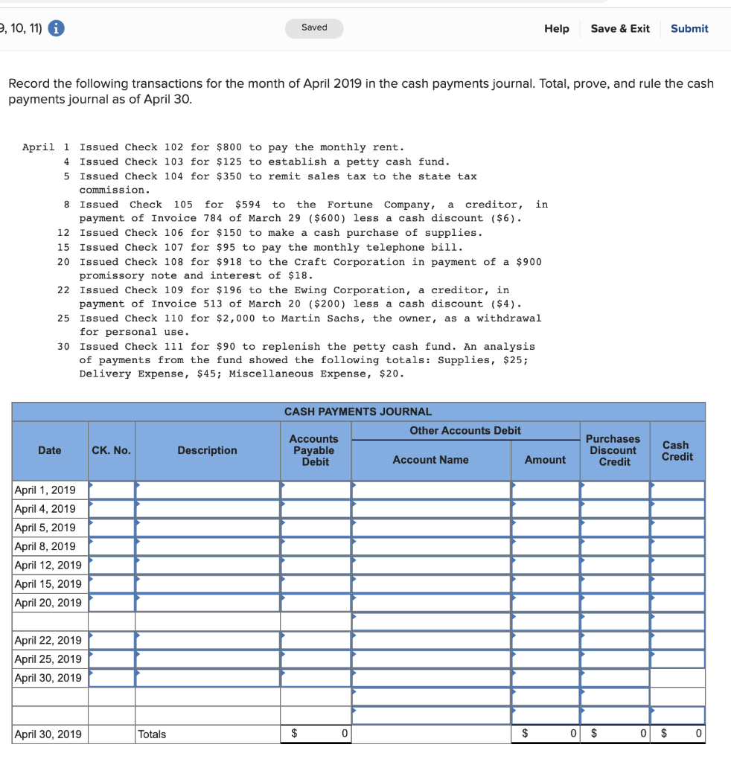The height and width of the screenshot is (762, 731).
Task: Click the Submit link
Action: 689,28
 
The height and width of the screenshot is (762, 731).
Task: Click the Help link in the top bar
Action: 556,28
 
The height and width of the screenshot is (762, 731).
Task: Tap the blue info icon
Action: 56,28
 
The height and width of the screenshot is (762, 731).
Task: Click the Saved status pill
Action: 314,28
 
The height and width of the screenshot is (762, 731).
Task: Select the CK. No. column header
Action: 111,450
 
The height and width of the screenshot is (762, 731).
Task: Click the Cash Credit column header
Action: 677,450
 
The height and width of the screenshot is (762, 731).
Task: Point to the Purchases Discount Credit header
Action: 614,450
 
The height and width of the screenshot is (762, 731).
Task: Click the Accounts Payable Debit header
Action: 314,450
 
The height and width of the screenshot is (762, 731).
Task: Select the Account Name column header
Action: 430,460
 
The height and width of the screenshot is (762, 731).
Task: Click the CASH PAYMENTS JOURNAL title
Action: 358,412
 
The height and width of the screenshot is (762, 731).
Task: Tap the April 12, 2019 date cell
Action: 49,565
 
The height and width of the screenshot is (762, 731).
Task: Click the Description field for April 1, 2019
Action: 207,490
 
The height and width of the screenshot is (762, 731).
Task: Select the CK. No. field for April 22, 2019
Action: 112,640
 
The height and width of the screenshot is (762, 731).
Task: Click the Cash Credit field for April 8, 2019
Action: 677,546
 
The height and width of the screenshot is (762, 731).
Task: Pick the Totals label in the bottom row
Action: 153,734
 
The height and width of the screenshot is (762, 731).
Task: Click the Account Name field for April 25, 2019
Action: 430,659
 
